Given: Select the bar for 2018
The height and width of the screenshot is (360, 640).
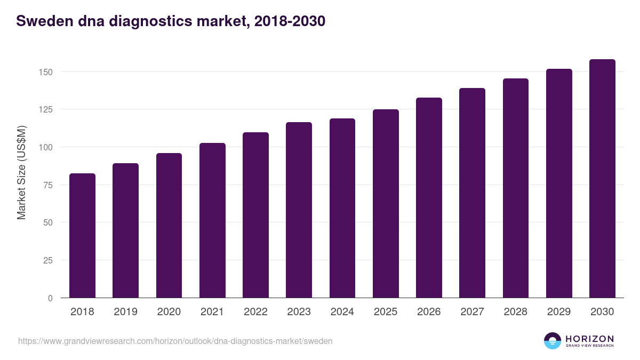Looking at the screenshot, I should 82,236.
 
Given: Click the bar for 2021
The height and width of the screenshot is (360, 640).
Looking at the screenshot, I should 212,220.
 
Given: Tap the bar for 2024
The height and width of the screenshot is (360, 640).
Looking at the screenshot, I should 342,208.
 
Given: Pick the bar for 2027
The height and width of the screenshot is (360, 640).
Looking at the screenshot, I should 472,193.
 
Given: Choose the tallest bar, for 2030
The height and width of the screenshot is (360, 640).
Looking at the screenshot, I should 602,179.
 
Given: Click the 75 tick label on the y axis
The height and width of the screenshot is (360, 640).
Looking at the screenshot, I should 49,185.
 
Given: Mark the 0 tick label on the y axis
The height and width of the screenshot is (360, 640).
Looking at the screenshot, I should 51,298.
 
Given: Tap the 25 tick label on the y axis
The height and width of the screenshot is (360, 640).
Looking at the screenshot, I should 49,260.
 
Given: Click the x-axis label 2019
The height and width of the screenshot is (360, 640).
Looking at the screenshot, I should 125,312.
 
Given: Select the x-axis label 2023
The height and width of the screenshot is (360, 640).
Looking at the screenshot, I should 299,312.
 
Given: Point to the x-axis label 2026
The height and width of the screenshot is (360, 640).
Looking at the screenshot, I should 429,312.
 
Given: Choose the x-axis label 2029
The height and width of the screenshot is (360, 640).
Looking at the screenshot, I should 559,312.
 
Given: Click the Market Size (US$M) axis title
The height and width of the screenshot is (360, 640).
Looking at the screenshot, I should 21,173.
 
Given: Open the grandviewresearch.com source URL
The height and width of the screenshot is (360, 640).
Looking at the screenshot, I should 175,341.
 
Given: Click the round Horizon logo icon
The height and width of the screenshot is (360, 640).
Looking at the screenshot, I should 553,341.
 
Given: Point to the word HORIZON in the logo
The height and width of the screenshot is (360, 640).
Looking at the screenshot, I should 589,339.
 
